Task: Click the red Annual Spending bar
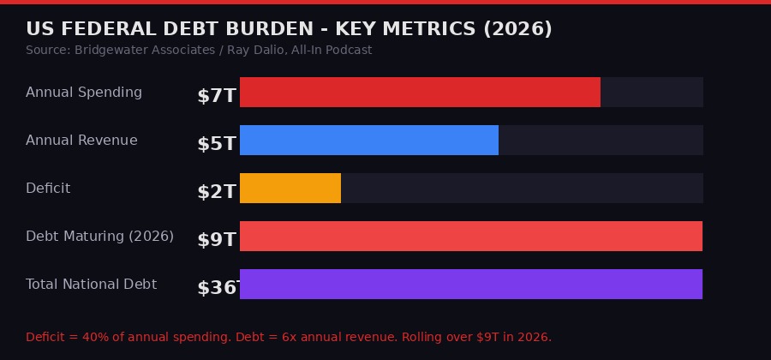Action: [420, 92]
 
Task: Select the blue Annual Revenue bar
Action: [368, 140]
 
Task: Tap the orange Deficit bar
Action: [290, 188]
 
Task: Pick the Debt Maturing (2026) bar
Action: [471, 236]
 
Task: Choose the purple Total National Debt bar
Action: [471, 284]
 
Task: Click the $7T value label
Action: [217, 95]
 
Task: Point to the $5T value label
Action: [217, 143]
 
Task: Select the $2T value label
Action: [217, 191]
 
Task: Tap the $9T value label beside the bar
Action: [217, 239]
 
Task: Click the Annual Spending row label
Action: [84, 92]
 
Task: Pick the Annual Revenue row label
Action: [81, 140]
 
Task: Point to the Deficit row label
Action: [48, 188]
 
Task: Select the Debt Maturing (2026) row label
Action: [99, 236]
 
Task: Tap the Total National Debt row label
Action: [91, 284]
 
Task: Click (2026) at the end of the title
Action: [517, 29]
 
